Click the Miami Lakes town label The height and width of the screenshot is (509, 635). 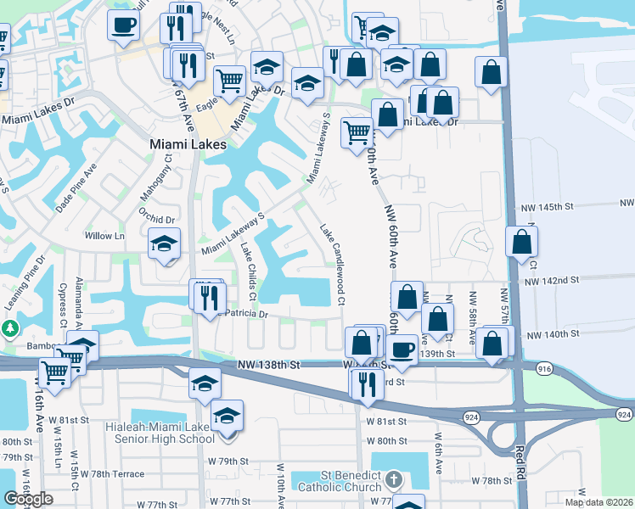[x=188, y=144]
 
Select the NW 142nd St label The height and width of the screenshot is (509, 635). [x=551, y=280]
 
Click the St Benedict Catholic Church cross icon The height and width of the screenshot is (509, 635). [x=392, y=481]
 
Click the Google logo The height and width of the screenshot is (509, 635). [x=28, y=499]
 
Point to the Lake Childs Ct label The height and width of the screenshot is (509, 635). [x=249, y=273]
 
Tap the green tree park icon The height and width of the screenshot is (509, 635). [x=9, y=327]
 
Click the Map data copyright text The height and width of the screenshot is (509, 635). [x=598, y=502]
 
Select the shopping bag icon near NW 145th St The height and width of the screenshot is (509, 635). [x=521, y=242]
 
